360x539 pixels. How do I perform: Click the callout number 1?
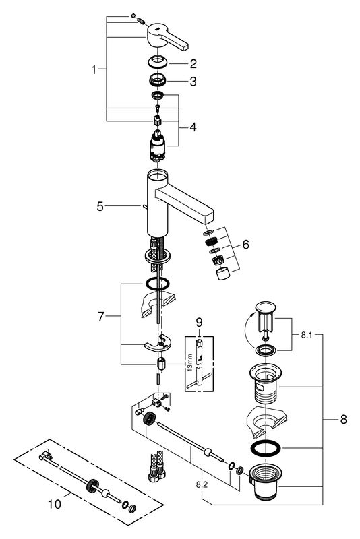pyautogui.click(x=94, y=70)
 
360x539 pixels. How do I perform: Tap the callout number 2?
pyautogui.click(x=193, y=63)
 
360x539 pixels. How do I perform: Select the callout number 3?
pyautogui.click(x=193, y=82)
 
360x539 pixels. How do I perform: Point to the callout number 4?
pyautogui.click(x=193, y=127)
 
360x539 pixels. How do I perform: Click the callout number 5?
pyautogui.click(x=100, y=206)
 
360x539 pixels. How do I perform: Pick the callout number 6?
pyautogui.click(x=245, y=245)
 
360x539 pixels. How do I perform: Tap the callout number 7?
pyautogui.click(x=100, y=316)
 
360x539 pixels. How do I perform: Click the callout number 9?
pyautogui.click(x=199, y=323)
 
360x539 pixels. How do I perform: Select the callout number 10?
pyautogui.click(x=55, y=504)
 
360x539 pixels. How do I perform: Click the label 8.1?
pyautogui.click(x=307, y=334)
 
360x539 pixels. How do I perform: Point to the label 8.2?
pyautogui.click(x=202, y=484)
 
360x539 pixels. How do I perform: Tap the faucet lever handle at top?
pyautogui.click(x=166, y=38)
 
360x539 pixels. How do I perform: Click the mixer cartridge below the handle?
pyautogui.click(x=158, y=146)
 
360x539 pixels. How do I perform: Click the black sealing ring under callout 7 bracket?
pyautogui.click(x=158, y=284)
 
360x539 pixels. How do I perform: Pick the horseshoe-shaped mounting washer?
pyautogui.click(x=158, y=344)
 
